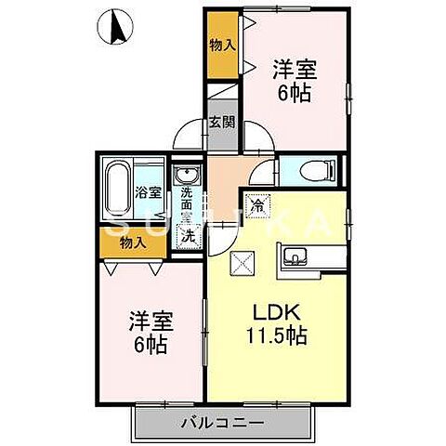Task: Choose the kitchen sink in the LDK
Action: [296, 257]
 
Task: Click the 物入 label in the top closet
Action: [221, 45]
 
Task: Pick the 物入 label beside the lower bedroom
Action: [133, 243]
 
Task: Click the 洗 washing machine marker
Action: [187, 236]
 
